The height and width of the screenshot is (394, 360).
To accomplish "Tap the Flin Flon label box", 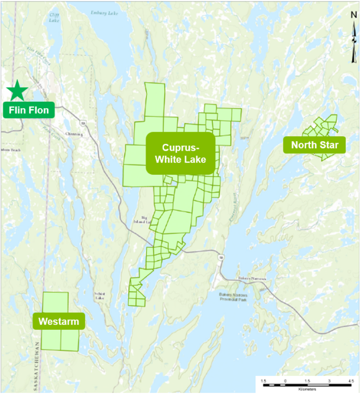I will (28, 110).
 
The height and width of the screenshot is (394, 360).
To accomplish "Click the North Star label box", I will (314, 146).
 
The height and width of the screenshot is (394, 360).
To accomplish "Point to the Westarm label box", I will (59, 321).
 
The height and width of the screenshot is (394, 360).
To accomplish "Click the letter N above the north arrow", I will (353, 15).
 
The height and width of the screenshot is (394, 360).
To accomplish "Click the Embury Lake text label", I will (104, 13).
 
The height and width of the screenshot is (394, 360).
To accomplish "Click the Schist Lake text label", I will (99, 296).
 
